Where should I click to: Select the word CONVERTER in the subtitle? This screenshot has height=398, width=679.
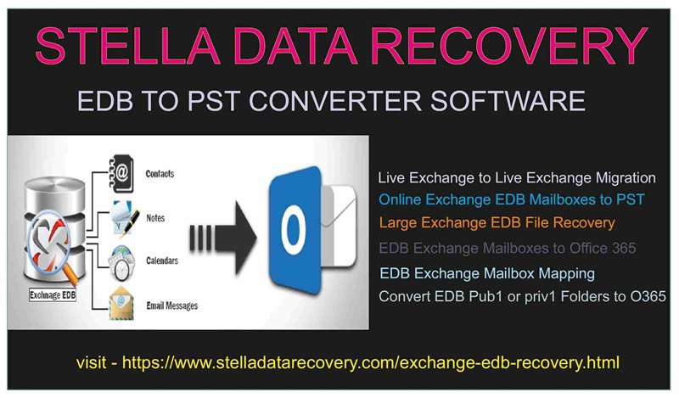point(335,101)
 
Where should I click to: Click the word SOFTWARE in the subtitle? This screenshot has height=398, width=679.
point(508,101)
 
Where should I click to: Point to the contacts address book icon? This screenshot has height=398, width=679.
point(121,174)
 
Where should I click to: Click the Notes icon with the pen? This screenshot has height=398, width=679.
point(124,218)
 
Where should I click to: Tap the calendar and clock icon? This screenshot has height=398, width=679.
point(121,263)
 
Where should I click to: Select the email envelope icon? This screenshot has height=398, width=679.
point(121,303)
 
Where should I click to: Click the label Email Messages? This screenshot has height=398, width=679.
point(172,306)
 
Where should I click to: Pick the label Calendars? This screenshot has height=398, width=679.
point(162,261)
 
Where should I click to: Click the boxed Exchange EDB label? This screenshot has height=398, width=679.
point(53,295)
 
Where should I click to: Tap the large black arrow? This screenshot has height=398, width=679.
point(222,238)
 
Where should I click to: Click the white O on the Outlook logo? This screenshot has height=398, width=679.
point(293,228)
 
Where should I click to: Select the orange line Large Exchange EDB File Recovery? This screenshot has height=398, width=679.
point(497,222)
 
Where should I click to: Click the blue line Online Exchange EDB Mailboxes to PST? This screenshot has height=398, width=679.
point(512,199)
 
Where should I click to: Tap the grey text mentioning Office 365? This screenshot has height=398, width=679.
point(507,248)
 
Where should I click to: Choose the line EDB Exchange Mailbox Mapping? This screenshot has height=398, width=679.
point(487,274)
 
